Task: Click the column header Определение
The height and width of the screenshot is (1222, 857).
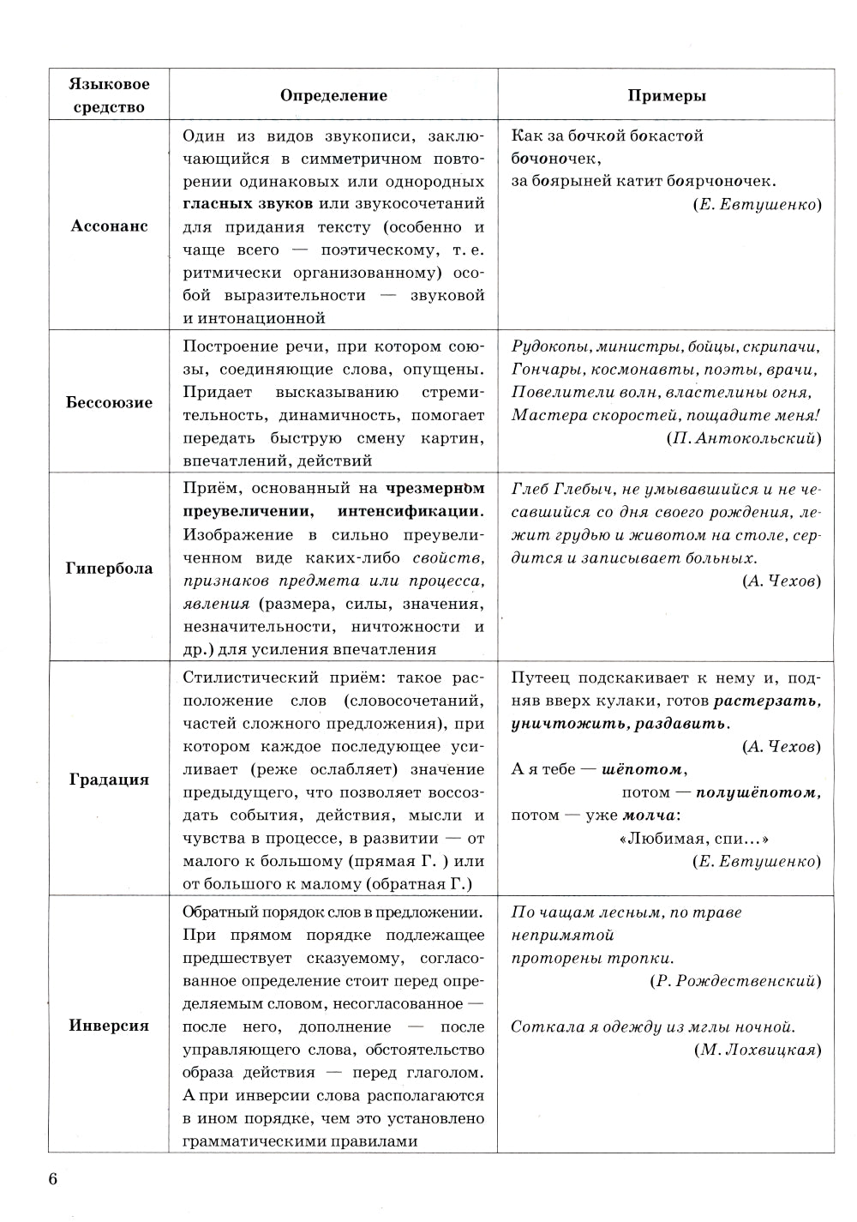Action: [x=333, y=96]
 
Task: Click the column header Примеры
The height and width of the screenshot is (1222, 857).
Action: [x=667, y=96]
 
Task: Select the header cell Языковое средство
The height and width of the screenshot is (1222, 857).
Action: [x=109, y=95]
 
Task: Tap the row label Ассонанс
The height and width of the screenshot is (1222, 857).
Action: [x=109, y=226]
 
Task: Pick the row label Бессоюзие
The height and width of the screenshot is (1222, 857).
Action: [x=109, y=402]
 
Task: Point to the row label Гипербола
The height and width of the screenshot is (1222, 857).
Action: [x=109, y=568]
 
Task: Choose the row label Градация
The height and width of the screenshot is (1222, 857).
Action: [x=109, y=780]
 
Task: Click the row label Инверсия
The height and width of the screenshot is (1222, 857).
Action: [x=109, y=1026]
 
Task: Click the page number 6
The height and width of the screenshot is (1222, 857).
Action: [x=52, y=1179]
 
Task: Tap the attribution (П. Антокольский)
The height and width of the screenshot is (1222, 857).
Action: [x=742, y=438]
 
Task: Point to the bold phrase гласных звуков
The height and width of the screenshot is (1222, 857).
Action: [x=248, y=204]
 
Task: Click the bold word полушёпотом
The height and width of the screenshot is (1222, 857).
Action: [x=757, y=792]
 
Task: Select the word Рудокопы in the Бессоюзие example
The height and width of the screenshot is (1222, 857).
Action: [x=543, y=346]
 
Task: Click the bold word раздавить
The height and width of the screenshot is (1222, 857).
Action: [x=685, y=724]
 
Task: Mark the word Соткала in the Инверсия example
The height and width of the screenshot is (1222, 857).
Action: [x=541, y=1026]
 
